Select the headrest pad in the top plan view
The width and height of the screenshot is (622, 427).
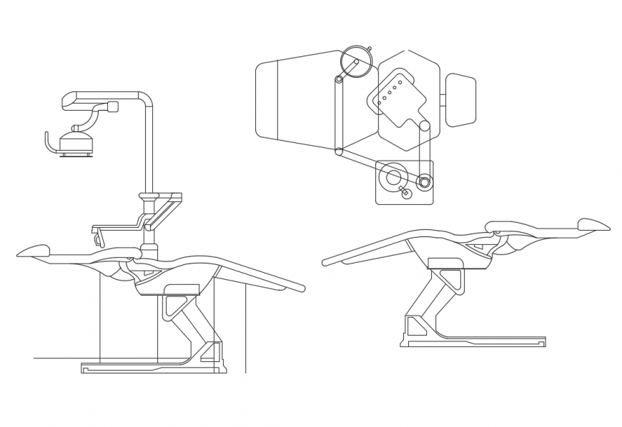point(460,100)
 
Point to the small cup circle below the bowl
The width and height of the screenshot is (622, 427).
point(407,194)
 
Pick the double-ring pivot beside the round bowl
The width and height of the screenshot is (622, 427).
point(425,182)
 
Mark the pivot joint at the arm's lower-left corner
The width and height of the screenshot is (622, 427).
point(339,151)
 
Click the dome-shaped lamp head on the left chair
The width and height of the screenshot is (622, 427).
point(75,138)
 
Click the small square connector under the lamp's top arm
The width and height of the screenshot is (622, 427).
point(112,107)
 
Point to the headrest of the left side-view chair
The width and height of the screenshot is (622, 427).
point(34,251)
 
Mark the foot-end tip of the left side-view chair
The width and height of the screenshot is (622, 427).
point(301,288)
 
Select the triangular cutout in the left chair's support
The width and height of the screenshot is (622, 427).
point(174,306)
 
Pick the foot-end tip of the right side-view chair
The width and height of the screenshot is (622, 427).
point(325,262)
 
